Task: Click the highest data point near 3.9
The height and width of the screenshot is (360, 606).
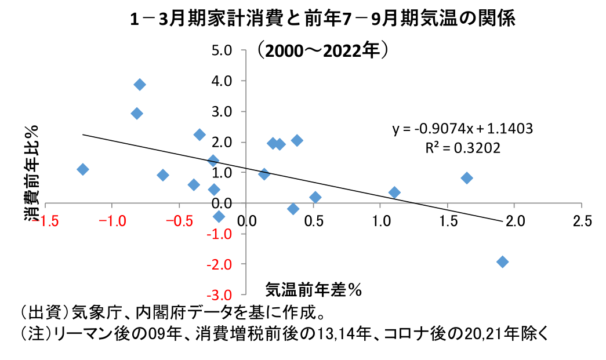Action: pos(140,85)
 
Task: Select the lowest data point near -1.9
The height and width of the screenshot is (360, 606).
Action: pos(502,262)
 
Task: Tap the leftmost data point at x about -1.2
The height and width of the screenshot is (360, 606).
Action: pos(83,169)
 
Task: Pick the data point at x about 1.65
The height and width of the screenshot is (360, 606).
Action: pos(467,178)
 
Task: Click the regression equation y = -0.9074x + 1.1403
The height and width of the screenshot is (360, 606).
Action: pos(462,128)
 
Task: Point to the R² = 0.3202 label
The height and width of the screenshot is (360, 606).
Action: pos(462,148)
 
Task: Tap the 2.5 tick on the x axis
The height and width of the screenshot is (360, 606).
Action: pos(582,221)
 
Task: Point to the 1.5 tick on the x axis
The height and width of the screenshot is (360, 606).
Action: pos(448,221)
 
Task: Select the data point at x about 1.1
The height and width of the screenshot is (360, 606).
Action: pos(394,192)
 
